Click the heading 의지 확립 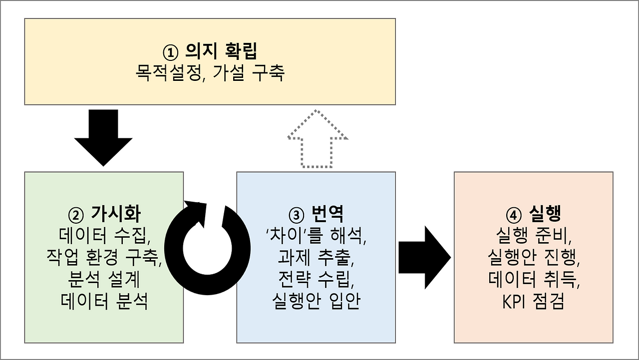(x=221, y=51)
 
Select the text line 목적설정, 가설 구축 (x=210, y=73)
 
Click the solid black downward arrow (x=103, y=138)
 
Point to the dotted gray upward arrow (x=318, y=139)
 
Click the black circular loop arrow (x=207, y=248)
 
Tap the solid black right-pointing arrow (x=424, y=258)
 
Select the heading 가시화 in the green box (x=116, y=213)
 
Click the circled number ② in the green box (x=76, y=215)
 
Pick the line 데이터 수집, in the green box (x=105, y=237)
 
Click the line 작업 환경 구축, (x=104, y=258)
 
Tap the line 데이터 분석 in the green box (x=104, y=301)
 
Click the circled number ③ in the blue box (x=297, y=215)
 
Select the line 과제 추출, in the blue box (x=316, y=258)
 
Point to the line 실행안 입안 (x=316, y=301)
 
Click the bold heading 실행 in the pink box (x=545, y=213)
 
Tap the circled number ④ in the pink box (x=514, y=215)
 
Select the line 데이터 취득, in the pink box (x=534, y=280)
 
